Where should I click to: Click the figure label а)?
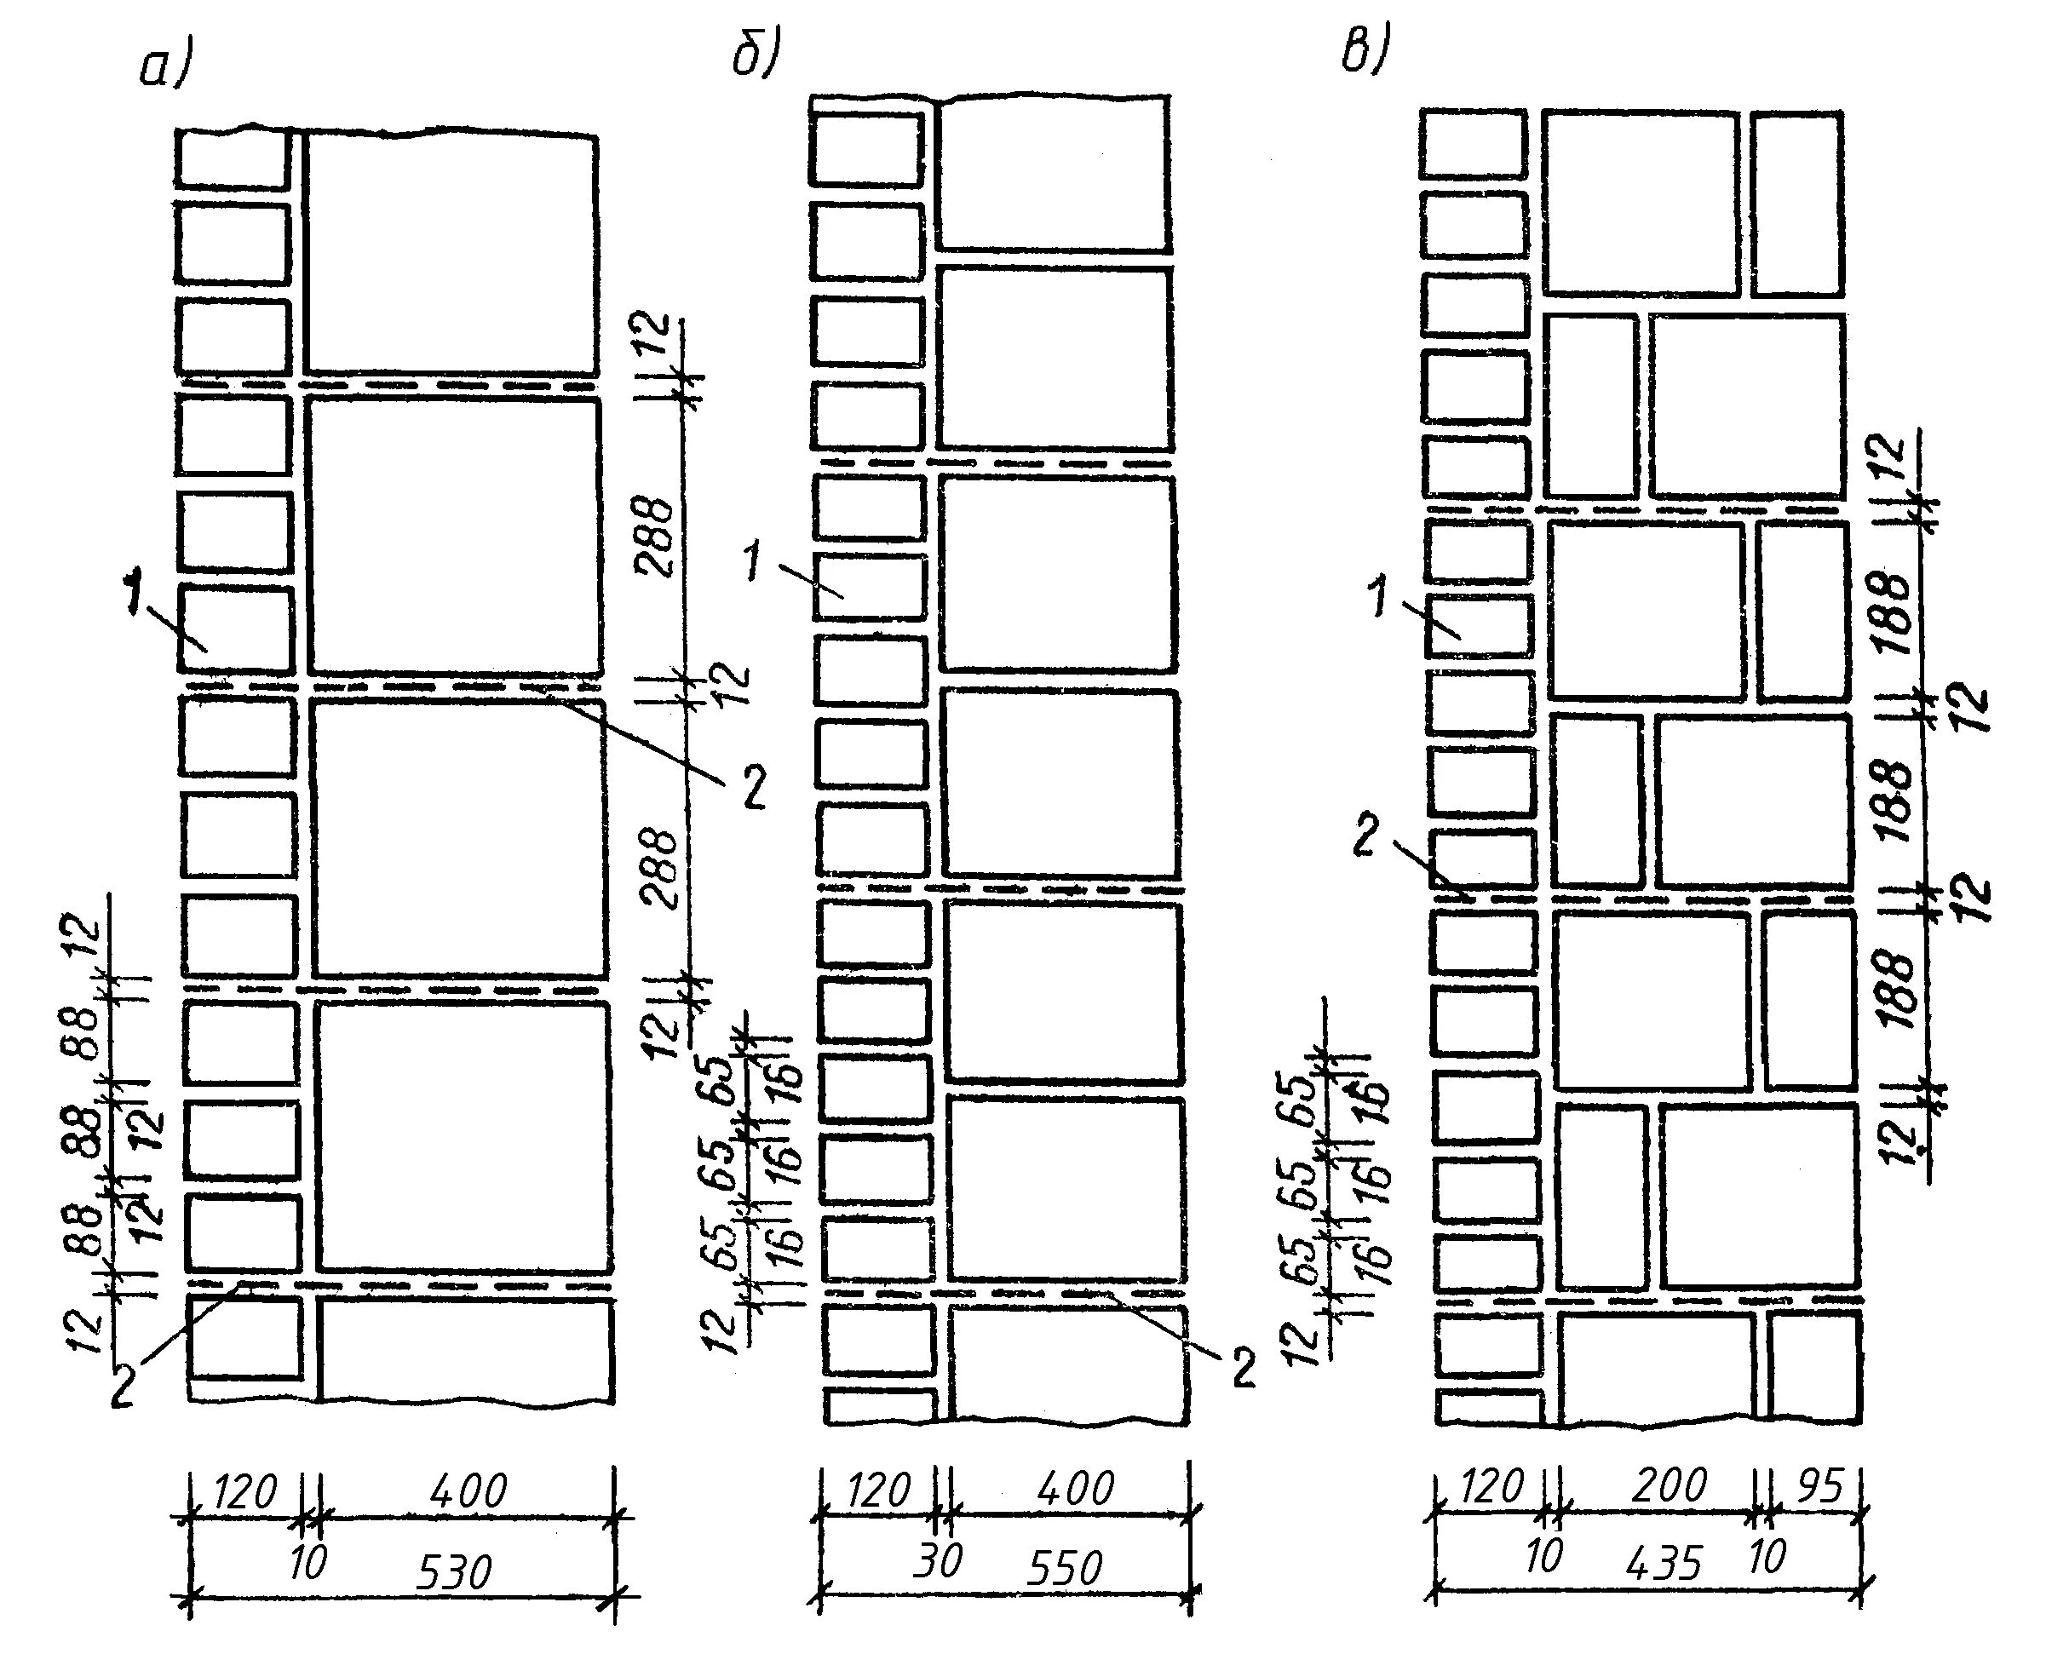[167, 67]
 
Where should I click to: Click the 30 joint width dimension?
[937, 1560]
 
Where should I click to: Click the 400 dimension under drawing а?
[468, 1490]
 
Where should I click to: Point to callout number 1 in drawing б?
[754, 561]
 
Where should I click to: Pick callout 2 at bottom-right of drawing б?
[1242, 1369]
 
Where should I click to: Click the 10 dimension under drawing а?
[308, 1562]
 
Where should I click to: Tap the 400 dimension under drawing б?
[1075, 1488]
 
